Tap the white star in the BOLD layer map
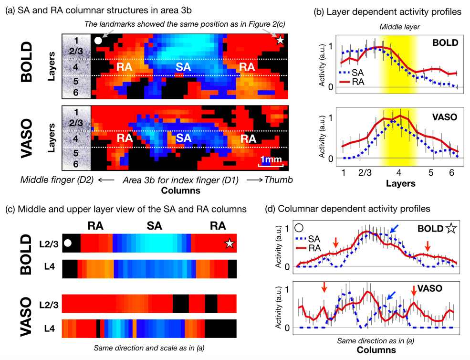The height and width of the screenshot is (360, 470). point(280,41)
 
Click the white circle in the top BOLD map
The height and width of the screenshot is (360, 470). point(98,41)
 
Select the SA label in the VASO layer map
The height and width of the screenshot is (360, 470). point(183,138)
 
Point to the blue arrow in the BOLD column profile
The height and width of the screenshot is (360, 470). point(393,230)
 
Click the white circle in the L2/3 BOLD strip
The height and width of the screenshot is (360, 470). point(68,243)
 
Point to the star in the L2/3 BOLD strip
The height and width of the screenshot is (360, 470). point(230,244)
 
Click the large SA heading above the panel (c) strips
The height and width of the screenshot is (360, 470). point(154,226)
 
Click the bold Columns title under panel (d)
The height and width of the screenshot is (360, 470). point(376,350)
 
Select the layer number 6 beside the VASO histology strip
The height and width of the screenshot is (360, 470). point(75,164)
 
